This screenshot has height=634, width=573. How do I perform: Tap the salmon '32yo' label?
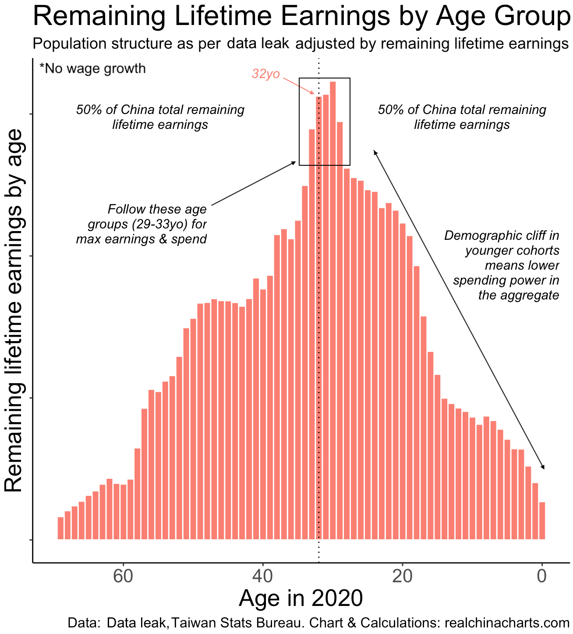(265, 74)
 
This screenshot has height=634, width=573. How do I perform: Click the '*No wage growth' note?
(92, 68)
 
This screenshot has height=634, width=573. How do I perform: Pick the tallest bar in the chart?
(333, 307)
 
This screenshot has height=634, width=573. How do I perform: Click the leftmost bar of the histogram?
(60, 528)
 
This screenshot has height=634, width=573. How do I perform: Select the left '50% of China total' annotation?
(160, 117)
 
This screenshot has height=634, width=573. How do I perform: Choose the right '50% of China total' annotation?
(462, 117)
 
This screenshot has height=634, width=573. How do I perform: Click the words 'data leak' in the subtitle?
(258, 44)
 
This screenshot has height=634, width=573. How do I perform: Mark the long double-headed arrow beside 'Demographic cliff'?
(459, 310)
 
